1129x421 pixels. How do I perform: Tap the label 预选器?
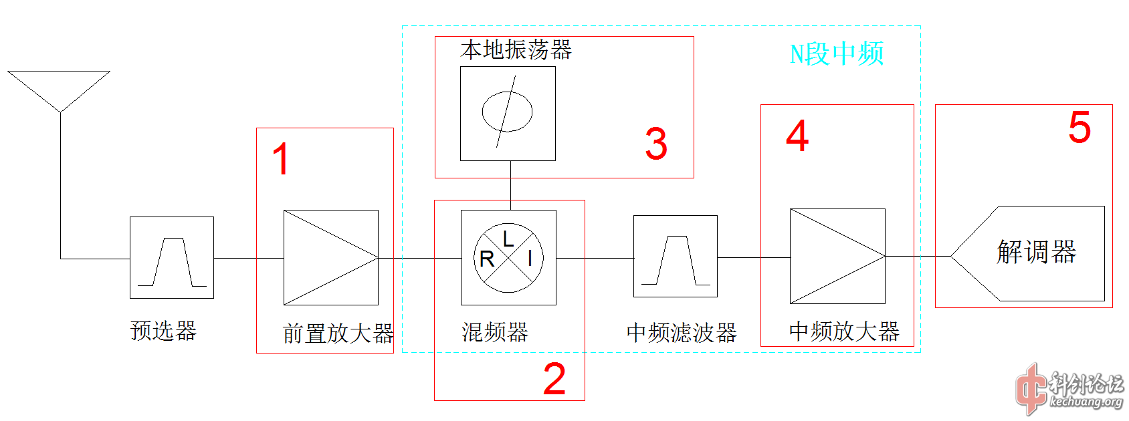163,331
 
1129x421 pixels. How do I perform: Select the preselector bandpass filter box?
172,257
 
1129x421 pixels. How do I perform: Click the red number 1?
281,159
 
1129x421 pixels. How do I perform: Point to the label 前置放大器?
338,333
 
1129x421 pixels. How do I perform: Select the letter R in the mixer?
487,259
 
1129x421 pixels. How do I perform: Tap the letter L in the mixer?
508,239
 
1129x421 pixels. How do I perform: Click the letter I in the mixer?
530,258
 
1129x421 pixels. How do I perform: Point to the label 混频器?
495,331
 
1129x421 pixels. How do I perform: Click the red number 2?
554,380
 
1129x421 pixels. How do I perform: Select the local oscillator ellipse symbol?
507,112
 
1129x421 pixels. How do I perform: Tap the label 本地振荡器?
516,50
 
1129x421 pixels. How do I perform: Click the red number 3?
656,144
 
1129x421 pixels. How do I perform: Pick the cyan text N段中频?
837,54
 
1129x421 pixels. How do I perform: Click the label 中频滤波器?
682,332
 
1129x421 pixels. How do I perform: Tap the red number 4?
797,136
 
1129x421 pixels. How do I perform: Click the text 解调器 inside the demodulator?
1036,253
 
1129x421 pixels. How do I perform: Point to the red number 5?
1080,127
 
